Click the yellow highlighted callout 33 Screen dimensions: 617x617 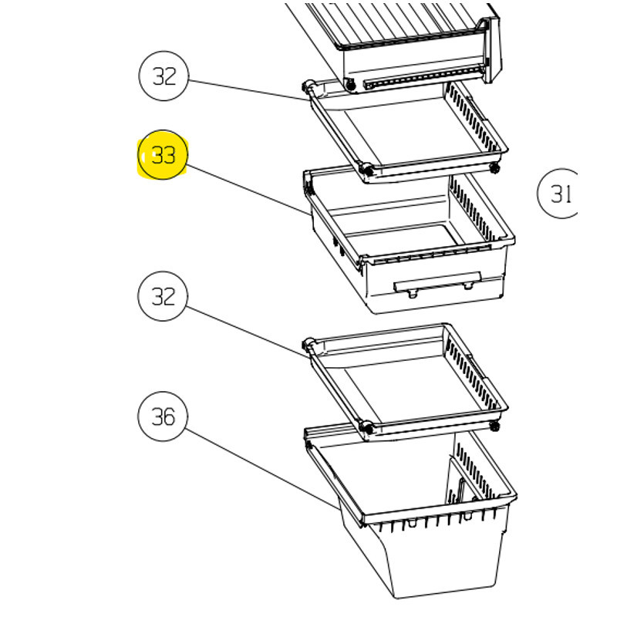[163, 155]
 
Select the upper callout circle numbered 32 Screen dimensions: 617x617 [164, 76]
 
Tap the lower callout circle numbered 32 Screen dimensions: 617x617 [163, 296]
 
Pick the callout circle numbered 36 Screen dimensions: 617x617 [163, 416]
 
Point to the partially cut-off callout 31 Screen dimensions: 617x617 [558, 194]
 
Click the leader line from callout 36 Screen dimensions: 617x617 [261, 469]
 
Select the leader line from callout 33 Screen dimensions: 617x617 [248, 190]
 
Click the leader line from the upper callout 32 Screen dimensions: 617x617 [248, 90]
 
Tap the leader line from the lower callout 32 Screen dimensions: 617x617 [246, 332]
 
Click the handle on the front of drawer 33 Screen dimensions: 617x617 [437, 282]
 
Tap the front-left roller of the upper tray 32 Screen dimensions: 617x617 [367, 170]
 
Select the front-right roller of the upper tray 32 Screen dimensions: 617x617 [494, 168]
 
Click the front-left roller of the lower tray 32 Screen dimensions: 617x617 [367, 428]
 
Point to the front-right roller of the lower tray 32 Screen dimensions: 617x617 [494, 426]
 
